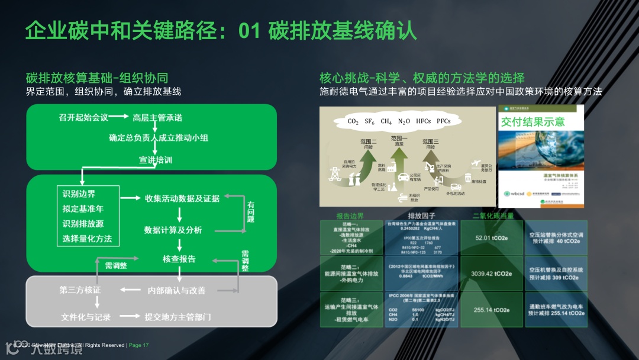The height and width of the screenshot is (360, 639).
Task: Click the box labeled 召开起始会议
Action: (x=83, y=117)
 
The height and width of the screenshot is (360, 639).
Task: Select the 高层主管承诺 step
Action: (x=157, y=117)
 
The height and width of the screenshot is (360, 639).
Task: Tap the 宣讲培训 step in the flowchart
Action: (x=156, y=160)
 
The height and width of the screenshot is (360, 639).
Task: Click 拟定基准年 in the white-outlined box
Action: (x=83, y=209)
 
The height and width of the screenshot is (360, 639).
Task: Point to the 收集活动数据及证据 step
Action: (x=182, y=198)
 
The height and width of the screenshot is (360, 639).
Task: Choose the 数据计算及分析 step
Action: (x=173, y=230)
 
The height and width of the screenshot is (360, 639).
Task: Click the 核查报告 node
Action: (x=179, y=259)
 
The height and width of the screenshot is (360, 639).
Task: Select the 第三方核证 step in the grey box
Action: (x=80, y=290)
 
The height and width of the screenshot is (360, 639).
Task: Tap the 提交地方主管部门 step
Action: (x=178, y=317)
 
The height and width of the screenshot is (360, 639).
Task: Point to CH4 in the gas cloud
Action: (x=386, y=121)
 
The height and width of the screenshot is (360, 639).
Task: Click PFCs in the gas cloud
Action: (x=444, y=121)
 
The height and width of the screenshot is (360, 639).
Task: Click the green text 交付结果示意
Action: (x=533, y=122)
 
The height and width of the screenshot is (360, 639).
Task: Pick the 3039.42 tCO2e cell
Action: (x=492, y=274)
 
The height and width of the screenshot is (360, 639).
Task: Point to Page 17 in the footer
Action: (x=138, y=345)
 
